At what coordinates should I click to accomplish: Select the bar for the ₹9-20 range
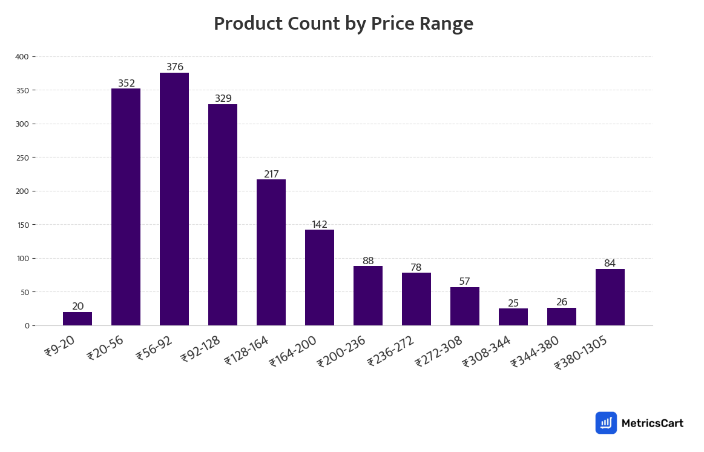pos(77,319)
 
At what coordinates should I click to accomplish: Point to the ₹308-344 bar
pos(513,317)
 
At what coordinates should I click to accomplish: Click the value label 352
pos(127,84)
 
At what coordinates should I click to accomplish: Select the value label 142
pos(320,225)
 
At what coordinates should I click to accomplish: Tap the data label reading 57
pos(465,282)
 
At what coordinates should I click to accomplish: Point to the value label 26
pos(562,302)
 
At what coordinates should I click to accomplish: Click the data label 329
pos(223,99)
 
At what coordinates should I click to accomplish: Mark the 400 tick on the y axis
pos(22,57)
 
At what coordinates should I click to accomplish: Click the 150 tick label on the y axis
pos(22,225)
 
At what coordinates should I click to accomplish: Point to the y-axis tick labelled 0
pos(27,326)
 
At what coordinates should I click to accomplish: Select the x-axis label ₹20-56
pos(105,348)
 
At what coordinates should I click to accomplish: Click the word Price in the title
pos(390,24)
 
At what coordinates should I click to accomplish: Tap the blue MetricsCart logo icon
pos(606,423)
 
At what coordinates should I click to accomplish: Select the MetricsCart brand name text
pos(652,423)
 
